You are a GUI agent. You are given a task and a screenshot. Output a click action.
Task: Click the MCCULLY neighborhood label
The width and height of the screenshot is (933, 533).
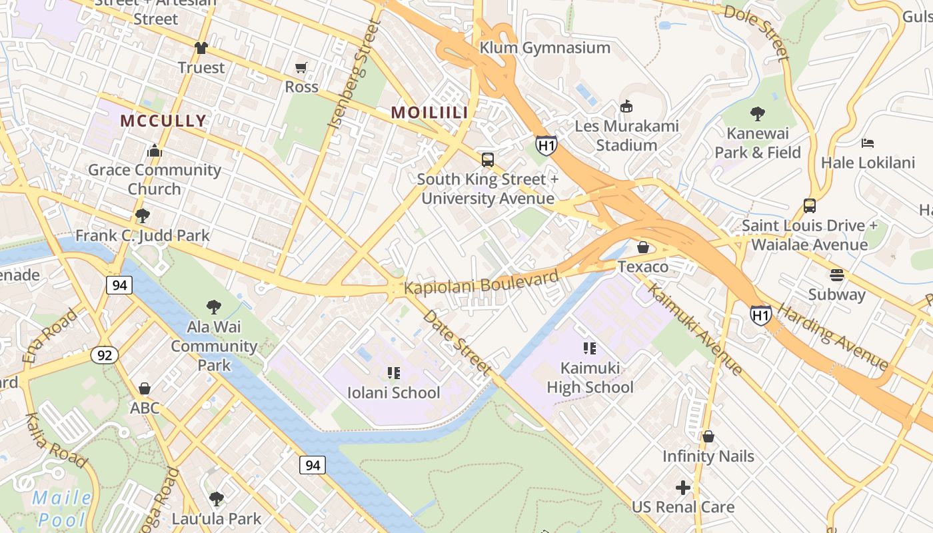pyautogui.click(x=163, y=121)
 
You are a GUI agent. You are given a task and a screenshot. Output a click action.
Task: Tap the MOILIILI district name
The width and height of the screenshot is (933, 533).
pyautogui.click(x=429, y=113)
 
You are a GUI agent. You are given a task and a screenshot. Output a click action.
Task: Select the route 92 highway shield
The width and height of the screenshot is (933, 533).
pyautogui.click(x=105, y=355)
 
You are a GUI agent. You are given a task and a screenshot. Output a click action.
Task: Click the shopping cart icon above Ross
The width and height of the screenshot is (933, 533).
pyautogui.click(x=301, y=67)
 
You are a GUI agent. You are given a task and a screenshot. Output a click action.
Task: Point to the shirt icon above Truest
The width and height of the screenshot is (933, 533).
pyautogui.click(x=201, y=47)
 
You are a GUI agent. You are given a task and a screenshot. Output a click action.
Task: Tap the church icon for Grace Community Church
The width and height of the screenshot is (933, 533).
pyautogui.click(x=155, y=151)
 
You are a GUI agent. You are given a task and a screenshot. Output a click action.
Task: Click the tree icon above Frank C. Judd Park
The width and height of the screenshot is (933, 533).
pyautogui.click(x=142, y=215)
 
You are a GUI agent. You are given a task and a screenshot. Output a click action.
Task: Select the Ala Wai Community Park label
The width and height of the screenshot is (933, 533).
pyautogui.click(x=214, y=346)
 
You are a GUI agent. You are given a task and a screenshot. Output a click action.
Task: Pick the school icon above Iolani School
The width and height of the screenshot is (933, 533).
pyautogui.click(x=394, y=372)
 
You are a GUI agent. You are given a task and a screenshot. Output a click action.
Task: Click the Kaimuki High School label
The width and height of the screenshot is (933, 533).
pyautogui.click(x=590, y=377)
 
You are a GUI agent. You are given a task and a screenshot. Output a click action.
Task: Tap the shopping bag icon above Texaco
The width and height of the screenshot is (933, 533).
pyautogui.click(x=643, y=247)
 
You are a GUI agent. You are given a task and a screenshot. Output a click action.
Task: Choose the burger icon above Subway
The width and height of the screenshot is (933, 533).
pyautogui.click(x=837, y=274)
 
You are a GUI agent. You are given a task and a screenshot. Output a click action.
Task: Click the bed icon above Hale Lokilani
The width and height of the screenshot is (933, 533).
pyautogui.click(x=867, y=143)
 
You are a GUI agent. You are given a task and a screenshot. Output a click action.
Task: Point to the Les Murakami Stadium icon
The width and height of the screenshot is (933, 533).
pyautogui.click(x=626, y=106)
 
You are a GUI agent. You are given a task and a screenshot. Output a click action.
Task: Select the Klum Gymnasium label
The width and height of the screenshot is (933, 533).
pyautogui.click(x=544, y=47)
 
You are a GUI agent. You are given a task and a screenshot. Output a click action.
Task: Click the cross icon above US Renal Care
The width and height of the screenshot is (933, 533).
pyautogui.click(x=683, y=488)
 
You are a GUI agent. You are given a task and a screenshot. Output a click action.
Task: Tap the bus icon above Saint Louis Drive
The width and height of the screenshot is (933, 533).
pyautogui.click(x=810, y=205)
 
